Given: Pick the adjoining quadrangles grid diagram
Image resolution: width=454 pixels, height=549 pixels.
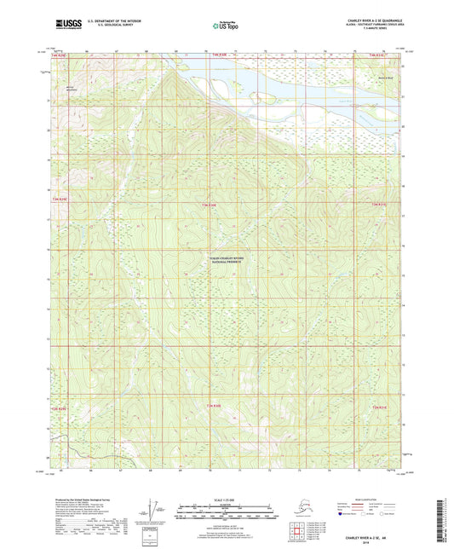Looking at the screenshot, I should (295, 525).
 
